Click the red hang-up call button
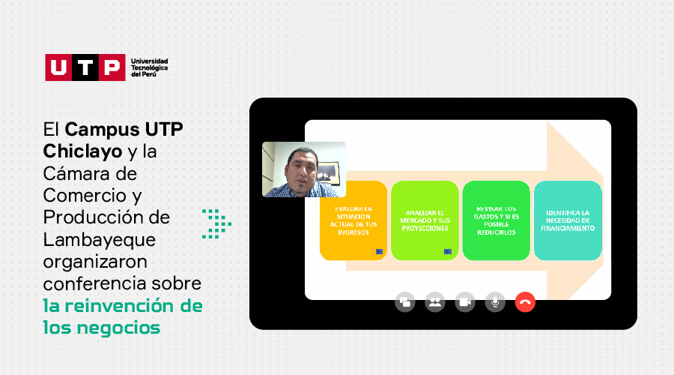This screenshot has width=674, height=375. click(525, 302)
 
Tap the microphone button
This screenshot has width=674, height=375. click(495, 302)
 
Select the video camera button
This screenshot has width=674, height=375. click(465, 302)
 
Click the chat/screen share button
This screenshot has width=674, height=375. click(405, 302)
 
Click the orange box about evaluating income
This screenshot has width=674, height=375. click(353, 220)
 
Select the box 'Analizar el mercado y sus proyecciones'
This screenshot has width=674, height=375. click(425, 220)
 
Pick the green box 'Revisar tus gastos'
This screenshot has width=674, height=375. click(496, 220)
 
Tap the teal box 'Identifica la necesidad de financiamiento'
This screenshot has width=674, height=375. click(568, 220)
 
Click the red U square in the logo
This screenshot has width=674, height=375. click(58, 67)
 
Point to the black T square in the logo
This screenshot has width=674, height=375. click(85, 67)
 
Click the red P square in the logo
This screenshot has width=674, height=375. click(112, 67)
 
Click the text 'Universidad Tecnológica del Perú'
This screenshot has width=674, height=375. click(150, 67)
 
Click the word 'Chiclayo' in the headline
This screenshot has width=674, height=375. click(82, 151)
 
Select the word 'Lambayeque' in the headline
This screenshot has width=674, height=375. click(100, 240)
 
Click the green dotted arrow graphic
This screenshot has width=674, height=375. click(216, 224)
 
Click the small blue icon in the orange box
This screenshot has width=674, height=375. click(379, 251)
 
